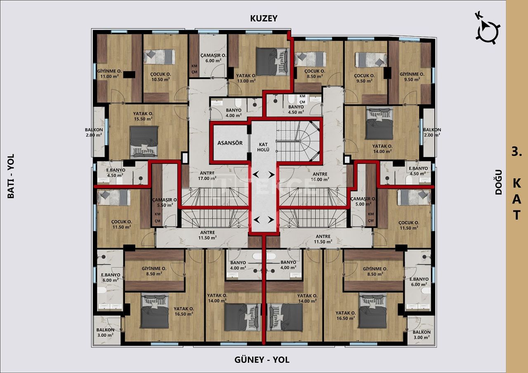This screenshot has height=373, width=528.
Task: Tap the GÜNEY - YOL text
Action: pyautogui.click(x=262, y=360)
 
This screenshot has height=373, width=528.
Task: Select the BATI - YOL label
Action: pyautogui.click(x=11, y=176)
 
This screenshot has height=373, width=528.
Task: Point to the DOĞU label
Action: pyautogui.click(x=499, y=182)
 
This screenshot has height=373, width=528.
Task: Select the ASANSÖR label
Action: pyautogui.click(x=230, y=143)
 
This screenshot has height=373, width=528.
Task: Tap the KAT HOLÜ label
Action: pyautogui.click(x=264, y=147)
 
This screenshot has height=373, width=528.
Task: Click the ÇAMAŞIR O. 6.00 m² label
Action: pyautogui.click(x=213, y=58)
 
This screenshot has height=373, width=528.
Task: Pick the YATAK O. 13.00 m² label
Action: pyautogui.click(x=246, y=78)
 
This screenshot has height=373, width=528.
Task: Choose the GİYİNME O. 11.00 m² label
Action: pyautogui.click(x=108, y=73)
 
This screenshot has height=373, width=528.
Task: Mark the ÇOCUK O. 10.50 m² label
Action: pyautogui.click(x=160, y=77)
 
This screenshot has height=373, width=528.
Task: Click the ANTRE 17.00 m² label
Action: pyautogui.click(x=207, y=176)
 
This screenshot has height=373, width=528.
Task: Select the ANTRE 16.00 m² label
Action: pyautogui.click(x=320, y=176)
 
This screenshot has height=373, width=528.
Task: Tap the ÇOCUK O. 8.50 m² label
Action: pyautogui.click(x=315, y=73)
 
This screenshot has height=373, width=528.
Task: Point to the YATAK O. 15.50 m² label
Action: pyautogui.click(x=143, y=116)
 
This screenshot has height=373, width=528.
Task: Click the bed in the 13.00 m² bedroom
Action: pyautogui.click(x=271, y=62)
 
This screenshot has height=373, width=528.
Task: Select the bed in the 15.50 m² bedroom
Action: pyautogui.click(x=144, y=142)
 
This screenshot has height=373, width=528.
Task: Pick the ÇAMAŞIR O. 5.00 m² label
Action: pyautogui.click(x=363, y=201)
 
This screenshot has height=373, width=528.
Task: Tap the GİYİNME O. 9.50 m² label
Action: pyautogui.click(x=412, y=77)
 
